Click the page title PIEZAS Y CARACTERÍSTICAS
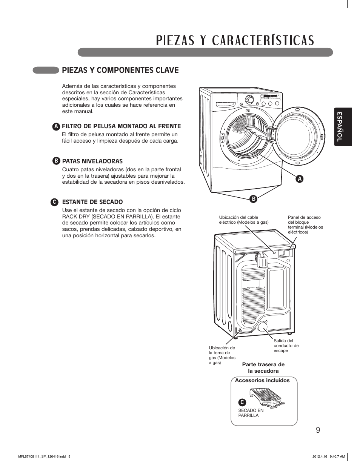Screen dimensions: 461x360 tap(235, 40)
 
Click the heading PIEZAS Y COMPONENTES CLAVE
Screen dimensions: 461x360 tap(120, 70)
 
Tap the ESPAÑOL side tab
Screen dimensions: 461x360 tap(342, 127)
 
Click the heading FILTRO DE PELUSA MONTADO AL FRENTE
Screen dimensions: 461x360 tap(121, 126)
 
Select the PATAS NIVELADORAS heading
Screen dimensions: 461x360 tap(92, 161)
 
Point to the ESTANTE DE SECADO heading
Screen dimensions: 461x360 tap(92, 202)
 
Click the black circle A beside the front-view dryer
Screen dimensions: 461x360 tap(300, 180)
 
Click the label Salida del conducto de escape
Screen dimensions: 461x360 tap(286, 346)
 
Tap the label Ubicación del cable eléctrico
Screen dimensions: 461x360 tap(243, 220)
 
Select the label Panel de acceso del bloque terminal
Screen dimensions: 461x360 tap(305, 225)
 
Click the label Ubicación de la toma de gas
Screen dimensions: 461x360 tap(222, 355)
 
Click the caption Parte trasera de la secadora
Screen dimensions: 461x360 tap(263, 367)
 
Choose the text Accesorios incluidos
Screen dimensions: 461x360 tap(262, 380)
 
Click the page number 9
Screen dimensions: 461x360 tap(318, 430)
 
